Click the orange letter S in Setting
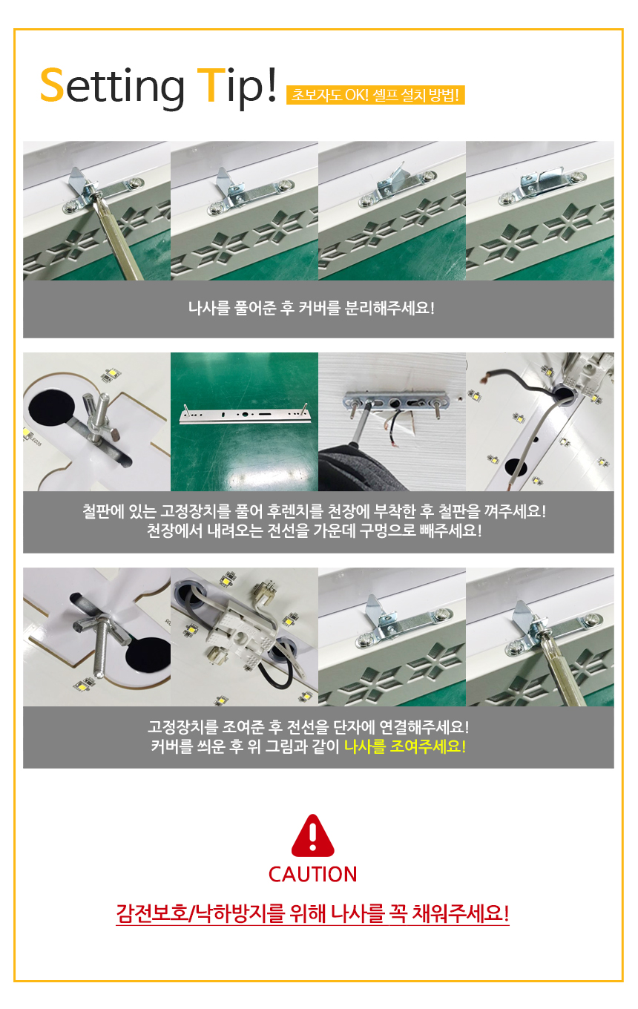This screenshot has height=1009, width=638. [51, 85]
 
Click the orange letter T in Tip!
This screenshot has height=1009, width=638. [211, 85]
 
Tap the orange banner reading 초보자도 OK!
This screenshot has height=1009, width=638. [375, 95]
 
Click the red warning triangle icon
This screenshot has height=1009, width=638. [312, 835]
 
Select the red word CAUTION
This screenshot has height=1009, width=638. [312, 874]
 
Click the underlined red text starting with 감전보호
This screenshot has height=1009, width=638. [312, 913]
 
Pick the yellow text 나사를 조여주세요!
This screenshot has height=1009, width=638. [404, 746]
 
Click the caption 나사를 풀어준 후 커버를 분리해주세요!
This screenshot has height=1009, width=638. [312, 308]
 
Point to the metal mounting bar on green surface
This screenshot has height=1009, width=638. [245, 415]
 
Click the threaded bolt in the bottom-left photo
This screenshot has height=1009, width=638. [102, 648]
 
